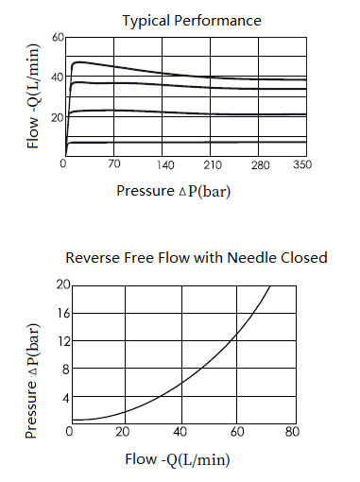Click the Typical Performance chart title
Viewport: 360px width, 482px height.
pos(192,21)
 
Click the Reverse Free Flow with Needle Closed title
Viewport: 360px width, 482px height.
pos(197,258)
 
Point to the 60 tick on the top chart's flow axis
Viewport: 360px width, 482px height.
pos(58,38)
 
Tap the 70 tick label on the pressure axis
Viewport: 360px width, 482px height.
pos(114,164)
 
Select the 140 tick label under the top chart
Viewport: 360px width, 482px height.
pos(165,164)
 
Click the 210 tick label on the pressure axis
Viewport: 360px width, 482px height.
pos(213,164)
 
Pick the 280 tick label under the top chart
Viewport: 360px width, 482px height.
pos(261,164)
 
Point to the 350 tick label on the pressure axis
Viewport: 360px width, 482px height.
pos(302,164)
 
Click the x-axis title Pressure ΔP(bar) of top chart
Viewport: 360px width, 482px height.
pos(174,191)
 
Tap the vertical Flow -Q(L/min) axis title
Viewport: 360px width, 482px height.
pos(33,96)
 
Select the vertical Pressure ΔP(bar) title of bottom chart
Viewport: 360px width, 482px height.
pos(32,381)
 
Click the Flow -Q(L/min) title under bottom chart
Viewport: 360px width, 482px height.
pos(178,459)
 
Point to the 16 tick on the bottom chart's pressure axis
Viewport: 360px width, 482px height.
pos(63,313)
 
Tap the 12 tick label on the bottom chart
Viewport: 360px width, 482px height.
pos(64,341)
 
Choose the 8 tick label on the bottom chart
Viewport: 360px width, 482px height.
pos(65,369)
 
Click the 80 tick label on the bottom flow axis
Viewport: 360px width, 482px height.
pos(292,431)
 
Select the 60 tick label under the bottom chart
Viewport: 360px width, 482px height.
pos(237,431)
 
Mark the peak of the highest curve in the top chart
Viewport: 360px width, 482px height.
pos(78,62)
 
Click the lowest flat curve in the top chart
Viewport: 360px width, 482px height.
pos(186,143)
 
